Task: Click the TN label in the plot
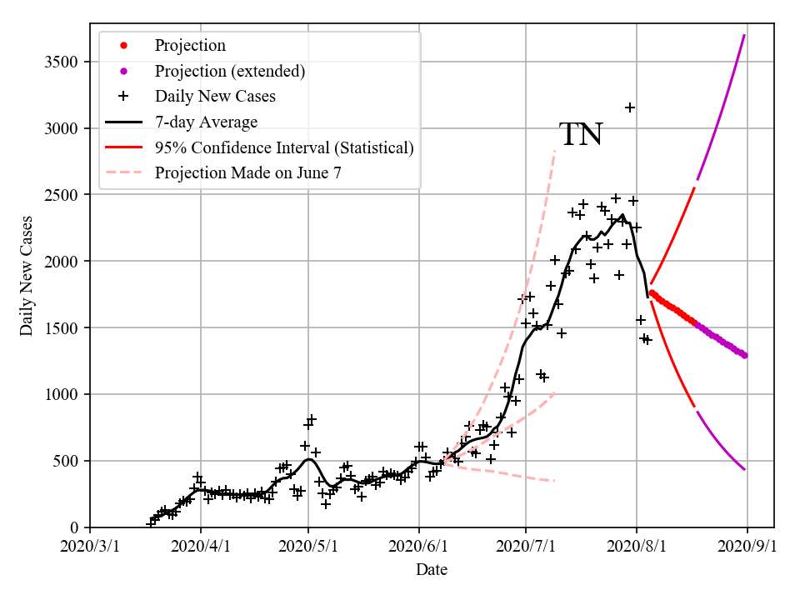click(581, 135)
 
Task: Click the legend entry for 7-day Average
click(206, 122)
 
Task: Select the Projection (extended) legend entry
click(229, 71)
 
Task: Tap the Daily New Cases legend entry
click(215, 96)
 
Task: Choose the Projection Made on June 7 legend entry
click(247, 172)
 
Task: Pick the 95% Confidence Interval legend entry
click(284, 147)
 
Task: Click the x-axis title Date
click(432, 570)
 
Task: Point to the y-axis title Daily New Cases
click(27, 276)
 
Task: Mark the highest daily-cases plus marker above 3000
click(630, 107)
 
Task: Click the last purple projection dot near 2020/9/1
click(744, 355)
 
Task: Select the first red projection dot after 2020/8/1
click(652, 292)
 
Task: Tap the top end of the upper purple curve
click(744, 36)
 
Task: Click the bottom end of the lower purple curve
click(744, 469)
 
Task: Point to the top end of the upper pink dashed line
click(554, 151)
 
